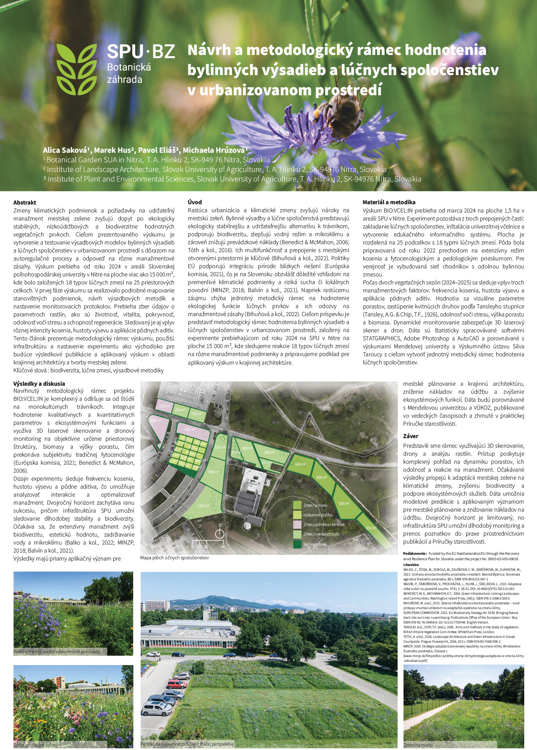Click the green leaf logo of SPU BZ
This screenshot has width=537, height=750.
tap(77, 69)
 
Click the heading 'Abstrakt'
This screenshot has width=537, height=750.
tap(25, 202)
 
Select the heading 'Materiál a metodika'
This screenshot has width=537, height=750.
tap(389, 202)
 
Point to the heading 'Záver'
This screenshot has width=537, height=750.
tap(411, 436)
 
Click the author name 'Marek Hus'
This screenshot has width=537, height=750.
tap(112, 150)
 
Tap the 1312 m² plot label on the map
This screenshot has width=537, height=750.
tap(203, 506)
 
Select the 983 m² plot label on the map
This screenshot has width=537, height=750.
tap(214, 472)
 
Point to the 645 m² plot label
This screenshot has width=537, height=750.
tap(300, 464)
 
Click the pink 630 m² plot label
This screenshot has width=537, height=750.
tap(190, 429)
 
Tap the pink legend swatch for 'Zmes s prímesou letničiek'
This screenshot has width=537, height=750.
tap(298, 524)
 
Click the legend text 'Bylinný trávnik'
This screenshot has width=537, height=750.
tap(315, 544)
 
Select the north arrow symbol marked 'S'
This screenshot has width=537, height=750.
tap(219, 532)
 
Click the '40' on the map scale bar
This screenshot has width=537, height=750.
tap(223, 547)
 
